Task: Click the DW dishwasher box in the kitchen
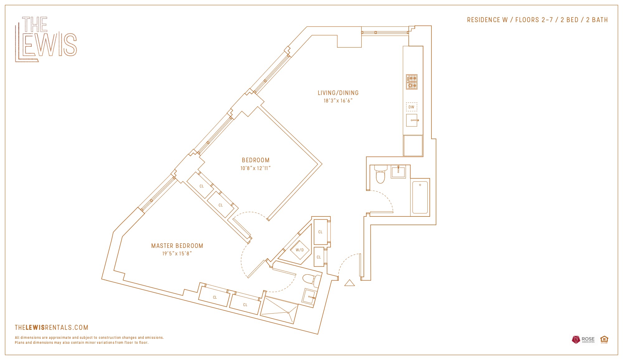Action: click(x=411, y=107)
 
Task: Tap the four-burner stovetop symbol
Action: click(x=411, y=82)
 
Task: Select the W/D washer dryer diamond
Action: click(x=300, y=250)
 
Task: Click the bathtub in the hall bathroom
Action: click(x=420, y=197)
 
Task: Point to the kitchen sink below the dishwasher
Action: click(x=412, y=120)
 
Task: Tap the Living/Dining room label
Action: click(x=338, y=93)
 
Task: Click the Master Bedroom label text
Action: click(x=177, y=246)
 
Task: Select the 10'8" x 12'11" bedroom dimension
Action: click(x=255, y=168)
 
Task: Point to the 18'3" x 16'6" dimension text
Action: click(x=338, y=101)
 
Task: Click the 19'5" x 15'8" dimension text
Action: click(x=177, y=253)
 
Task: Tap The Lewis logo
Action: click(x=46, y=39)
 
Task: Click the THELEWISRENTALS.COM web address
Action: click(x=52, y=327)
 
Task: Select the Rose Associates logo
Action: click(x=583, y=339)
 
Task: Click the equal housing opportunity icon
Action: click(x=604, y=339)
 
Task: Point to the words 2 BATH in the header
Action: click(x=597, y=20)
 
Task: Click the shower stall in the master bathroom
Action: click(x=279, y=310)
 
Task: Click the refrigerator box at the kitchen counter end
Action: click(x=413, y=145)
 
